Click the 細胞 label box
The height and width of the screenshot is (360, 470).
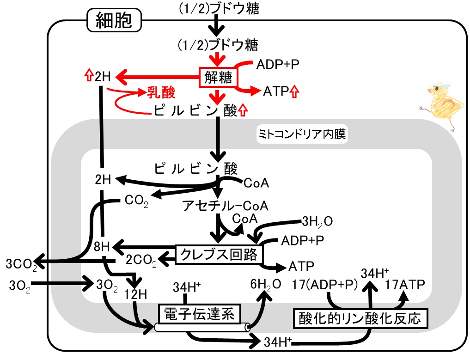(114, 20)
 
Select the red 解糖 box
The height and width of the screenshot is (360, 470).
(218, 77)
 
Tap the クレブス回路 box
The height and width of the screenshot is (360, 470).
(219, 255)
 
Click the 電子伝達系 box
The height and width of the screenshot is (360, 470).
(199, 314)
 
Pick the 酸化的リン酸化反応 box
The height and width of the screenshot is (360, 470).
(360, 318)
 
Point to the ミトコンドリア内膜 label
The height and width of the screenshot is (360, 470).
(302, 134)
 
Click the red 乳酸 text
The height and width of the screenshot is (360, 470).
(161, 92)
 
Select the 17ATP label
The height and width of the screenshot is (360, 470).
(405, 285)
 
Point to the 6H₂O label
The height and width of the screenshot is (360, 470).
(266, 285)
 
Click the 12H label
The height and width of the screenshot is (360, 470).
(135, 295)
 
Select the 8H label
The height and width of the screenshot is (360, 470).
(102, 247)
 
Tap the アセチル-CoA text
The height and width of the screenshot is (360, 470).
(226, 206)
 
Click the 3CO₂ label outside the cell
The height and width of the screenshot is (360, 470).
(21, 265)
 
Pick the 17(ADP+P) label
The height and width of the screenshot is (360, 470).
(325, 285)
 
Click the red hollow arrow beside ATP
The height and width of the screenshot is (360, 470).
(295, 92)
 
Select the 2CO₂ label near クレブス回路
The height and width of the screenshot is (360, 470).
(141, 260)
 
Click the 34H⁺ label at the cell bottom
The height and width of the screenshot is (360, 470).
(278, 342)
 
